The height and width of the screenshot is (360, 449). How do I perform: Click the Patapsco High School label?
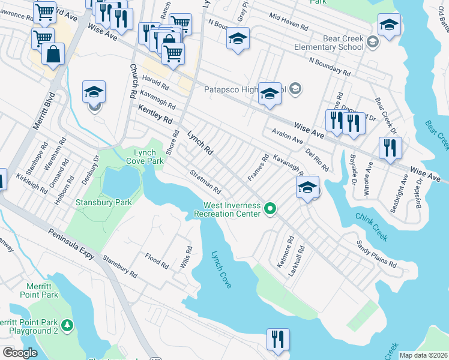pos(243,88)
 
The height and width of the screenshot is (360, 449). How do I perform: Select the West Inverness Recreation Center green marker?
pos(271,209)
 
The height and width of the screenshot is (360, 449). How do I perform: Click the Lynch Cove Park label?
pos(145,157)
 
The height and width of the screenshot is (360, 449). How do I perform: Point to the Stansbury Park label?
pos(103,202)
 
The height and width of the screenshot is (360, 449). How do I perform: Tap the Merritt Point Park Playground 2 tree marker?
pos(68,325)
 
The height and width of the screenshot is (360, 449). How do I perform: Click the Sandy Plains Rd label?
pos(376,254)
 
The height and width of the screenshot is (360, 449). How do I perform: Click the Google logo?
pos(20,352)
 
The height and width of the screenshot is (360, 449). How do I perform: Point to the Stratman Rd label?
pos(206,178)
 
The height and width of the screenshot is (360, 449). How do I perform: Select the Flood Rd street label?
pos(157,259)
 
